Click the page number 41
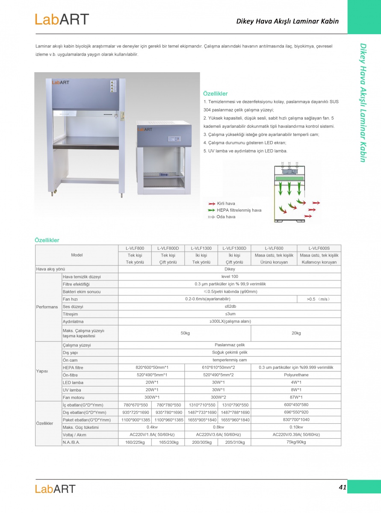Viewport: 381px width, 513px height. [342, 487]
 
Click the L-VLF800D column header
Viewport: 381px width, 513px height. [168, 248]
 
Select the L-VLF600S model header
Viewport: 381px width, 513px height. [319, 248]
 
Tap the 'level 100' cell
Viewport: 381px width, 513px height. [230, 277]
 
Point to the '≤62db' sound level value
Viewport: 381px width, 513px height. [230, 307]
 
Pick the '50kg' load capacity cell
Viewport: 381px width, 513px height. [185, 333]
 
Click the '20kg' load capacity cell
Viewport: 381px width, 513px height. [296, 333]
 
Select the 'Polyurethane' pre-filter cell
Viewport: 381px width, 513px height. [296, 375]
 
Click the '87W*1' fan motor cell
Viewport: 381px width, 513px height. [296, 398]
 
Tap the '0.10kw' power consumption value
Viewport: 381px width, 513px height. [296, 427]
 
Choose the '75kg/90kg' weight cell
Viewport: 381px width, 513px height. [296, 442]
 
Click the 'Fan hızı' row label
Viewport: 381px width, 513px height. [70, 299]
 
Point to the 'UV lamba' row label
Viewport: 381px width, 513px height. [72, 390]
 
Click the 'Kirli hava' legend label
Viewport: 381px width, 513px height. [226, 203]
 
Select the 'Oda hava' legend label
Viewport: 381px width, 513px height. [226, 217]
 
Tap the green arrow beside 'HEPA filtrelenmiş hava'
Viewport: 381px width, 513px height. [211, 210]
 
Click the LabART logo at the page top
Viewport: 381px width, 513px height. [62, 19]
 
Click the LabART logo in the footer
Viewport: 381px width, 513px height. [55, 489]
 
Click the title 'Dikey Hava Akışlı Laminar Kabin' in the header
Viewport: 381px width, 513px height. [287, 21]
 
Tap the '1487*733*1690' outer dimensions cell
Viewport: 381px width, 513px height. [201, 412]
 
